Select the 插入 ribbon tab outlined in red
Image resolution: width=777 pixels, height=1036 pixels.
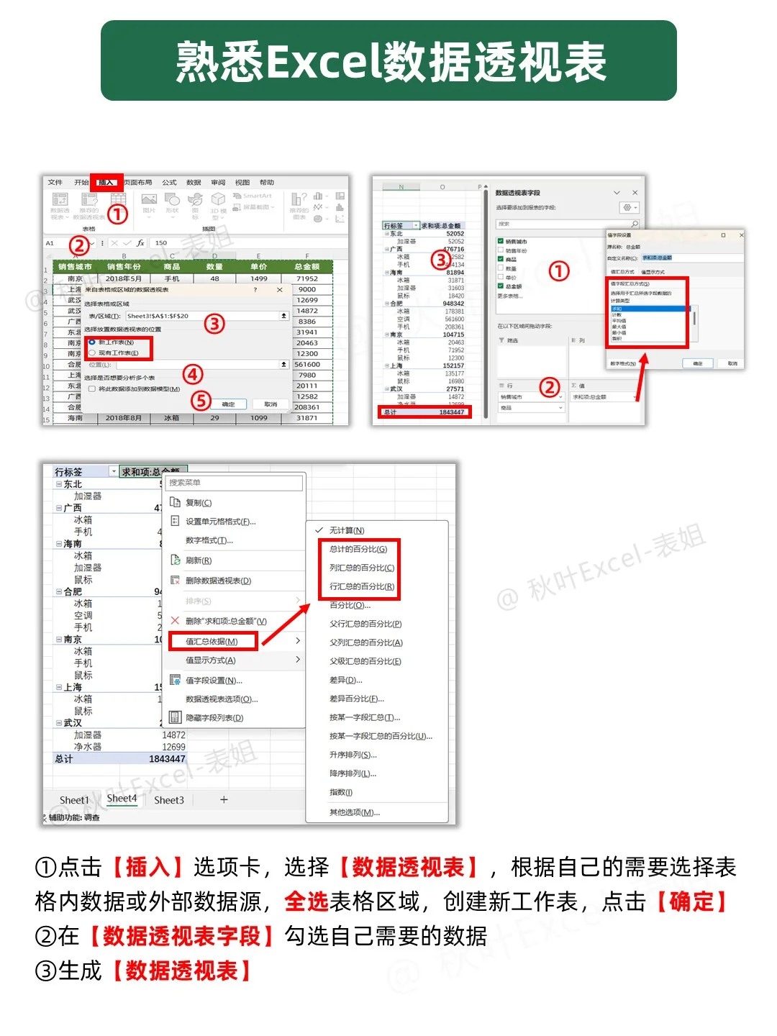pyautogui.click(x=106, y=182)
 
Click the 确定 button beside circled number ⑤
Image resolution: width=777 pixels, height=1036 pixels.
pyautogui.click(x=228, y=404)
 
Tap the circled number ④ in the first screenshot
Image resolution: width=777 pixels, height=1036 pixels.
pyautogui.click(x=192, y=374)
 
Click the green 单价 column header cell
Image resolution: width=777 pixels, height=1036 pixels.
pyautogui.click(x=258, y=266)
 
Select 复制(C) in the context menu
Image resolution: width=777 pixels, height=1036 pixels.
pyautogui.click(x=199, y=503)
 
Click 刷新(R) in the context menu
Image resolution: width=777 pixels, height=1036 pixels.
pyautogui.click(x=199, y=560)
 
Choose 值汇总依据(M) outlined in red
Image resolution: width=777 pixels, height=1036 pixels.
pyautogui.click(x=212, y=641)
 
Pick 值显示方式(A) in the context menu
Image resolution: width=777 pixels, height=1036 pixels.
pyautogui.click(x=210, y=660)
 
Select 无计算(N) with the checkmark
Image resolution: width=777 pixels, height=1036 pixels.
pyautogui.click(x=347, y=530)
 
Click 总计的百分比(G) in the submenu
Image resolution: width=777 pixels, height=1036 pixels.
pyautogui.click(x=358, y=549)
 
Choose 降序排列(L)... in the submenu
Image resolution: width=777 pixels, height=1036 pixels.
pyautogui.click(x=353, y=773)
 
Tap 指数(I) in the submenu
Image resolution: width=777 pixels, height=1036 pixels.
pyautogui.click(x=341, y=792)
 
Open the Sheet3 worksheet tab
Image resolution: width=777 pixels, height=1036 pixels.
pyautogui.click(x=169, y=800)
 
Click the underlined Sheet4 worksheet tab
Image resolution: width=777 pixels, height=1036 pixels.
pyautogui.click(x=122, y=799)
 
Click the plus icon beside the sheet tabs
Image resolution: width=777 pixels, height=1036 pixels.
pyautogui.click(x=224, y=799)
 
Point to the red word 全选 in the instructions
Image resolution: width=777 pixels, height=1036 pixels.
pyautogui.click(x=306, y=901)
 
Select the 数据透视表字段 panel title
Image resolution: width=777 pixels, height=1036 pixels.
pyautogui.click(x=517, y=193)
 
